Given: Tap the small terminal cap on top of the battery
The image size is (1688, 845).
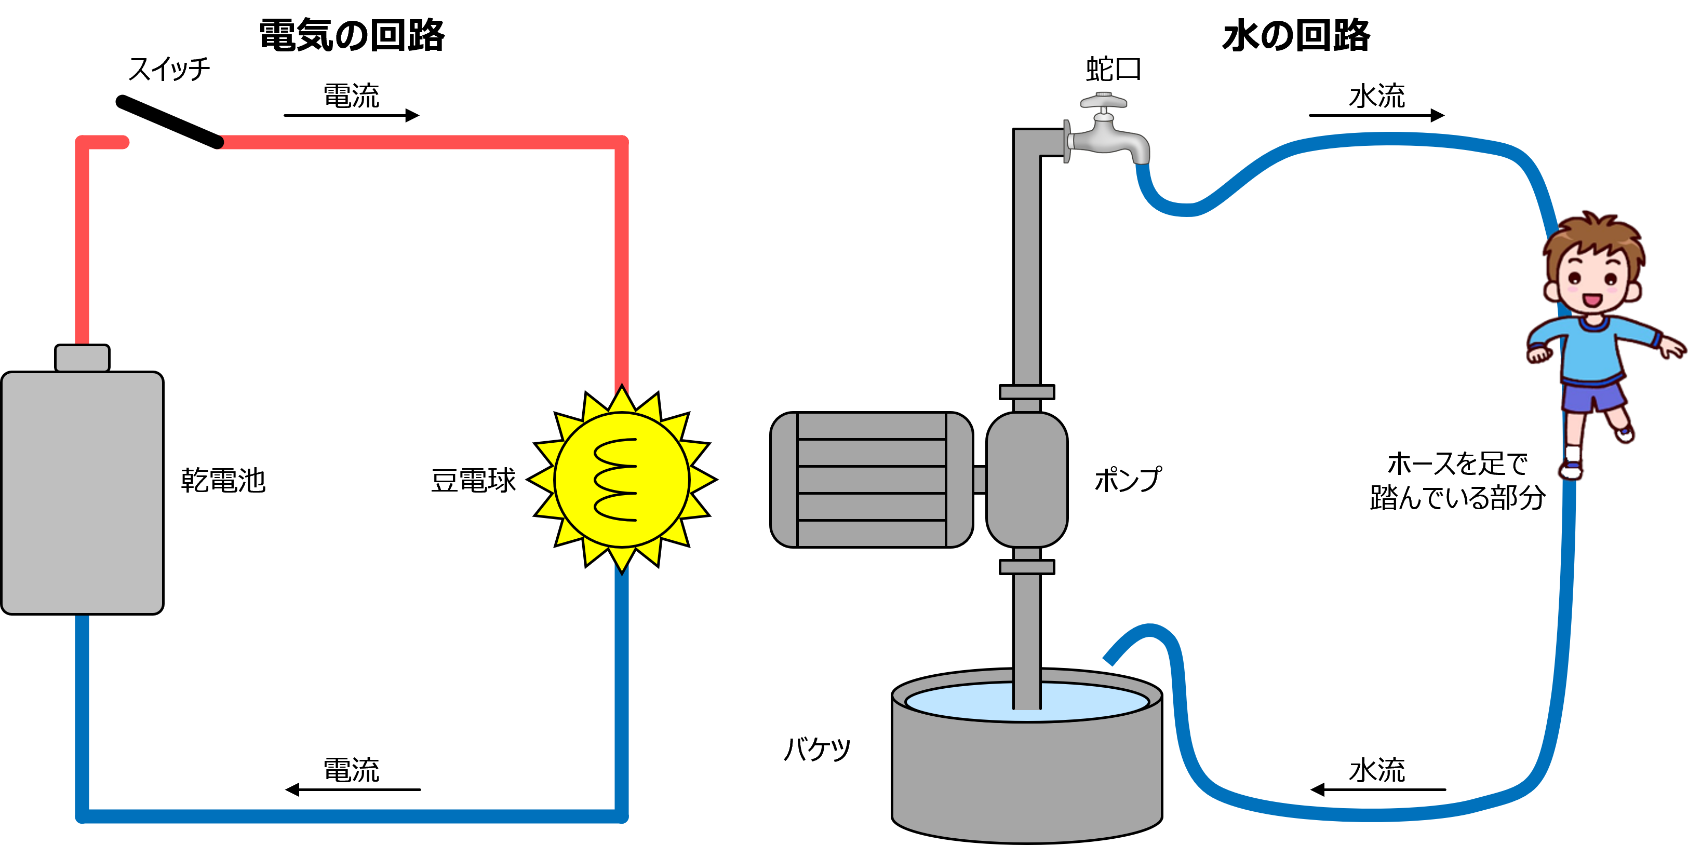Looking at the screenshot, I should tap(82, 358).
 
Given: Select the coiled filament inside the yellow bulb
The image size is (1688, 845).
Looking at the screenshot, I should tap(616, 480).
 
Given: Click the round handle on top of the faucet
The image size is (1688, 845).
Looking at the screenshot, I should tap(1104, 102).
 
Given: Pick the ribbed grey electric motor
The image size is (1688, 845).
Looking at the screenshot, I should tap(872, 480).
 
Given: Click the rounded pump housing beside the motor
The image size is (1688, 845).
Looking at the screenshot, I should tap(1027, 480).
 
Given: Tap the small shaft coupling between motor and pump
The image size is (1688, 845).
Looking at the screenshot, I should tap(980, 480).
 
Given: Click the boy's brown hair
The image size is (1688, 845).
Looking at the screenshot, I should tap(1592, 236).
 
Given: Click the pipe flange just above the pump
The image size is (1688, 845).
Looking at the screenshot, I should tap(1027, 392).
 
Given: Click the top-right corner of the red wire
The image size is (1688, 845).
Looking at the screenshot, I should tap(622, 142).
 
